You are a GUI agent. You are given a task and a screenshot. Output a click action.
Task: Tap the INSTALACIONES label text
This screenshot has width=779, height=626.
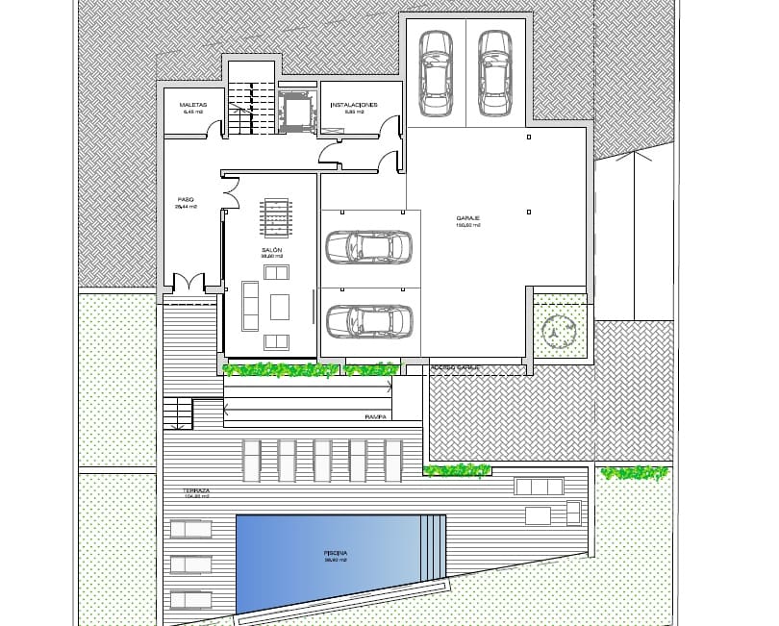(353, 104)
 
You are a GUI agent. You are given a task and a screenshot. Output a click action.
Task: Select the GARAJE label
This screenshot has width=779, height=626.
(468, 219)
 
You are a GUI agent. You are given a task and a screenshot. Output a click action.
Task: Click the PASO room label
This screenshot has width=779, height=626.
(186, 200)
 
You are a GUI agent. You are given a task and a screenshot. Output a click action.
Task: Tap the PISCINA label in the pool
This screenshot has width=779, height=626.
(336, 554)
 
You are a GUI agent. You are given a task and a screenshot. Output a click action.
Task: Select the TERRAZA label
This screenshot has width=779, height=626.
(196, 490)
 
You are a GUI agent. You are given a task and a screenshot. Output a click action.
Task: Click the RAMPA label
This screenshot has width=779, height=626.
(375, 417)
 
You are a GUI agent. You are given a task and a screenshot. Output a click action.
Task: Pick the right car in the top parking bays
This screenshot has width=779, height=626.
(494, 73)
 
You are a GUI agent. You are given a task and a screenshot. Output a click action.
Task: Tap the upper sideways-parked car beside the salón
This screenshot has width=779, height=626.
(368, 246)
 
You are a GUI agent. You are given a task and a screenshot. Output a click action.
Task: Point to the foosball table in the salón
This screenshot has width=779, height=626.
(275, 217)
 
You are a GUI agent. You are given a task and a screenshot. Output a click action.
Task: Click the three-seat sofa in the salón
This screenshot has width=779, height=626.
(250, 306)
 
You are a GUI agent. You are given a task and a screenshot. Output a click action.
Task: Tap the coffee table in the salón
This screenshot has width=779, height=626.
(280, 306)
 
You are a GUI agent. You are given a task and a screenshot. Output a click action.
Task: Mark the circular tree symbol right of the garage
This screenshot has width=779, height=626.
(557, 333)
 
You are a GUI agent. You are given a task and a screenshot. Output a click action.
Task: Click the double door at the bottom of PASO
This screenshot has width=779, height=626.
(188, 285)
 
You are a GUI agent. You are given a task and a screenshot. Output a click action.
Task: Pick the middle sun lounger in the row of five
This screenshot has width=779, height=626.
(322, 461)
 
